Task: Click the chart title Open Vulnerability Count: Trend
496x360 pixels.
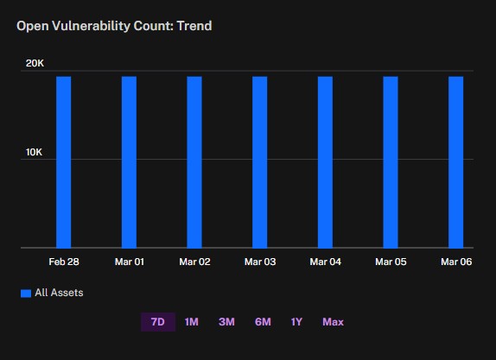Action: pyautogui.click(x=114, y=26)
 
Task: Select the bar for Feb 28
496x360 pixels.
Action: pyautogui.click(x=64, y=162)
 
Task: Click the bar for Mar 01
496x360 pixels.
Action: pyautogui.click(x=129, y=162)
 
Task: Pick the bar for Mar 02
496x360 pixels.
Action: pyautogui.click(x=194, y=162)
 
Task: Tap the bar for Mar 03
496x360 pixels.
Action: pyautogui.click(x=260, y=162)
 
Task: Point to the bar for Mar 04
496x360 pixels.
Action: pyautogui.click(x=325, y=162)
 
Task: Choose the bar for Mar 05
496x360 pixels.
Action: pyautogui.click(x=391, y=162)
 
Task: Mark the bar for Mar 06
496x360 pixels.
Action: pyautogui.click(x=456, y=162)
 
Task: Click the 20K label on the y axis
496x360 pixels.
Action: pyautogui.click(x=35, y=64)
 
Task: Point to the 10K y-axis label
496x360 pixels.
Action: pyautogui.click(x=34, y=152)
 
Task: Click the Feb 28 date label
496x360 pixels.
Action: pyautogui.click(x=64, y=262)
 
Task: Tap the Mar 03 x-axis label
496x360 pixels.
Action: pyautogui.click(x=260, y=262)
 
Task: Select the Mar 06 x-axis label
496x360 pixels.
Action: pyautogui.click(x=456, y=262)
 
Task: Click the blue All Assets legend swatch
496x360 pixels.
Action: pyautogui.click(x=26, y=294)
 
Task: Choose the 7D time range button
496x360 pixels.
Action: pyautogui.click(x=158, y=322)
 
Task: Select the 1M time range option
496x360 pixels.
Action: pyautogui.click(x=191, y=322)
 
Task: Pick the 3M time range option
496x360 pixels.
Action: pyautogui.click(x=226, y=322)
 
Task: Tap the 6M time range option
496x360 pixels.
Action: pyautogui.click(x=263, y=322)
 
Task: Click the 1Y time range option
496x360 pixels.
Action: pyautogui.click(x=296, y=322)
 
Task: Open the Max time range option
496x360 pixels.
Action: pyautogui.click(x=333, y=322)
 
